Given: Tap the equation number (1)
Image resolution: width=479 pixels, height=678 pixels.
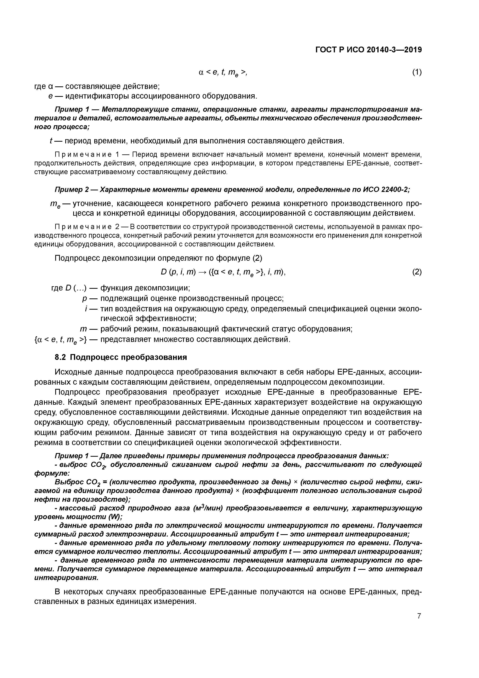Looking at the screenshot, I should [417, 72].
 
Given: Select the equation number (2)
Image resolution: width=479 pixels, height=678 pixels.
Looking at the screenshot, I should [417, 272].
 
